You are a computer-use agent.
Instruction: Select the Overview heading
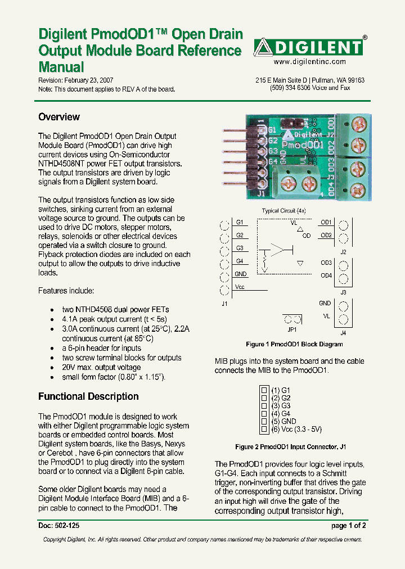coord(59,117)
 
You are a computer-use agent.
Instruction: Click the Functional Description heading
coord(88,396)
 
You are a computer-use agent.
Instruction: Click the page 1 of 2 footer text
coord(349,526)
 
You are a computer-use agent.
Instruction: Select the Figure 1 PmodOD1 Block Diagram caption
coord(294,344)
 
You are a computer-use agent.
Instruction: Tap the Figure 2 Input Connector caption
coord(290,447)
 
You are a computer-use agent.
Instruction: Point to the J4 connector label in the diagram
coord(343,333)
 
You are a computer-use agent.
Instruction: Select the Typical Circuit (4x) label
coord(283,211)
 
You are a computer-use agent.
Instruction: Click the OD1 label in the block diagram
coord(326,222)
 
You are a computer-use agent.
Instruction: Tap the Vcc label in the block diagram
coord(240,287)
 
